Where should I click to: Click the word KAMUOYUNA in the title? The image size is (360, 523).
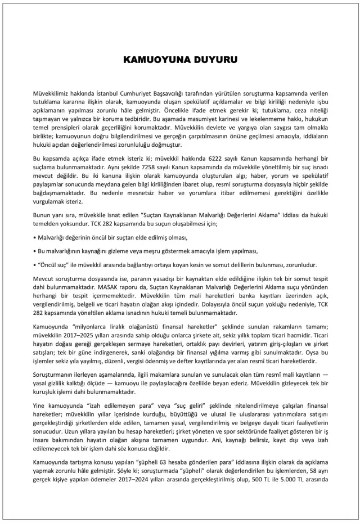[x=155, y=59]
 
